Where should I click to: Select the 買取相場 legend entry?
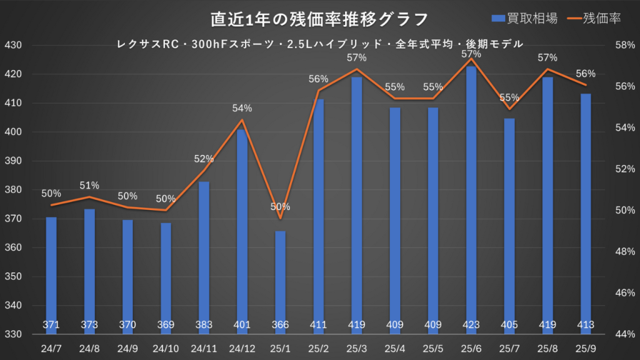click(x=525, y=19)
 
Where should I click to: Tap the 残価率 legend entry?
click(x=594, y=19)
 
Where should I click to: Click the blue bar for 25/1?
click(x=281, y=281)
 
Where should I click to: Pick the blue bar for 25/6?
click(x=471, y=200)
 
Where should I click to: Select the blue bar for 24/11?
click(x=204, y=256)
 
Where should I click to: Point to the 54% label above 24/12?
click(x=242, y=108)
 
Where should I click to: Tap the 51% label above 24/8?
click(x=89, y=185)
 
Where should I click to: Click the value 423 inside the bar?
click(x=471, y=325)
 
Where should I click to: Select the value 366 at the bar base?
click(x=281, y=325)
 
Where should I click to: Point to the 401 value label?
click(x=242, y=325)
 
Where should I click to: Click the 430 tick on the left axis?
click(x=13, y=46)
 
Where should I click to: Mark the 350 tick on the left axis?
click(x=13, y=277)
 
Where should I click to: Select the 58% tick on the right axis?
click(x=624, y=46)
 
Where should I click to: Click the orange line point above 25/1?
click(x=281, y=218)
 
